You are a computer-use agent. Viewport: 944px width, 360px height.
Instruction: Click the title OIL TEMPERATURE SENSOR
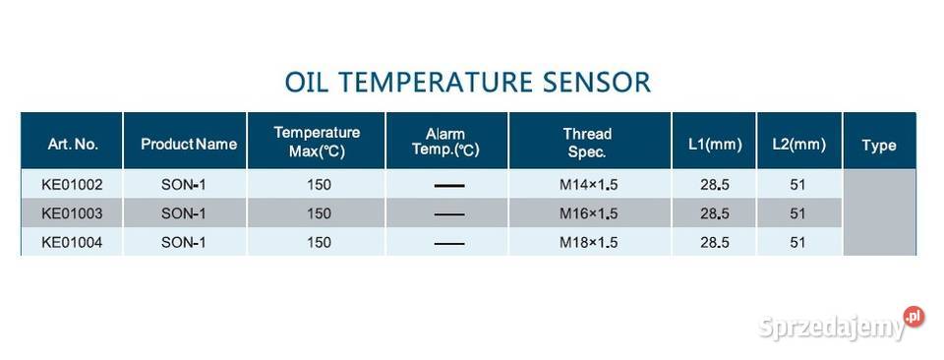467,81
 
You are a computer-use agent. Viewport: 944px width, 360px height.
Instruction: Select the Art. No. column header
73,144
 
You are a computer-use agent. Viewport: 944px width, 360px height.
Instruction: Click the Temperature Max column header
317,143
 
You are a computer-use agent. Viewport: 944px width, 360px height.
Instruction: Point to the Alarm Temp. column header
445,143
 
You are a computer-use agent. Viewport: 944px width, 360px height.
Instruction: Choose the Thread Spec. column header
587,143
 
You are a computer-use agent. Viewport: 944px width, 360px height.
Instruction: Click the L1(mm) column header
714,144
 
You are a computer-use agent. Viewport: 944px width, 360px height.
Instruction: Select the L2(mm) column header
797,144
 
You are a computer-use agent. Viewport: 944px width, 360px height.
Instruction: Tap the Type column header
878,145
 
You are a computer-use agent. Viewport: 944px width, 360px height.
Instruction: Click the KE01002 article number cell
72,184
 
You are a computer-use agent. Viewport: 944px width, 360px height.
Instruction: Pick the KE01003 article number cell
72,212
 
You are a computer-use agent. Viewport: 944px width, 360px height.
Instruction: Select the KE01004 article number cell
72,241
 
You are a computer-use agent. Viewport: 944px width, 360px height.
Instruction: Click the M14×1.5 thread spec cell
588,184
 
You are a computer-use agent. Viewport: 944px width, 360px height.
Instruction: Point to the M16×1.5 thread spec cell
588,212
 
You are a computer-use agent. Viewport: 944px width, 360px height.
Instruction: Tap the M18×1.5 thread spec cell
588,241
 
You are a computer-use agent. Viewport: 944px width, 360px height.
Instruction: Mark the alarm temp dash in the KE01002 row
448,185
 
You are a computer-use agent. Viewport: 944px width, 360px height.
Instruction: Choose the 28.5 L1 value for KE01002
714,184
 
